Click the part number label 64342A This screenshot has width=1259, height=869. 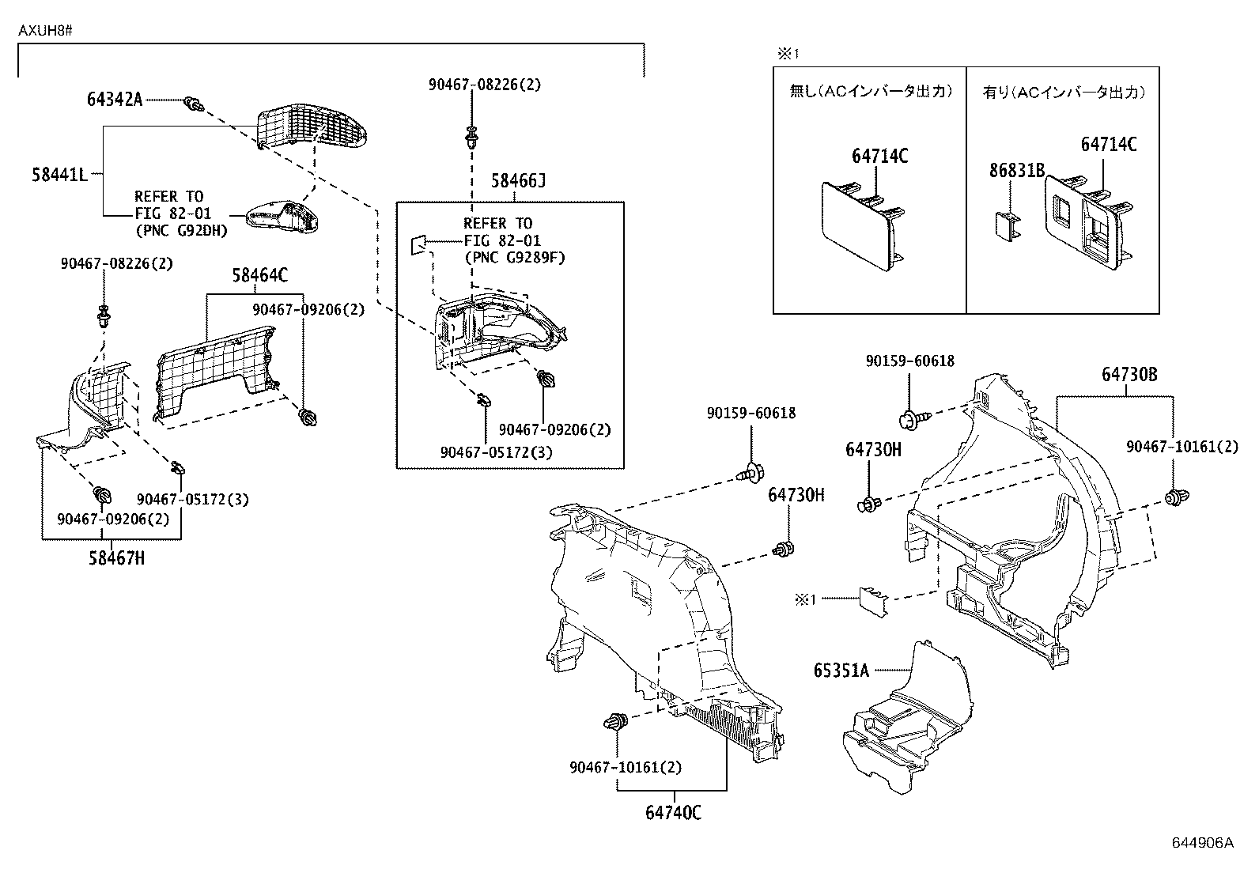[x=115, y=100]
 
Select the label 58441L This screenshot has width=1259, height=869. [x=59, y=175]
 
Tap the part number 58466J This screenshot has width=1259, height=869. [x=518, y=182]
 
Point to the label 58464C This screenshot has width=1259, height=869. [x=259, y=275]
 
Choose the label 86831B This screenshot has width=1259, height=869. [x=1018, y=170]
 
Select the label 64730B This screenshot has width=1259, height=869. [x=1129, y=375]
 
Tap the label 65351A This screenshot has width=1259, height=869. [x=841, y=671]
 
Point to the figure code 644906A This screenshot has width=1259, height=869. [x=1202, y=843]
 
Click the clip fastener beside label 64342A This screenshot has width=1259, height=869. [x=192, y=103]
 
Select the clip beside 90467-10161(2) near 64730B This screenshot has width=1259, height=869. [x=1177, y=497]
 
